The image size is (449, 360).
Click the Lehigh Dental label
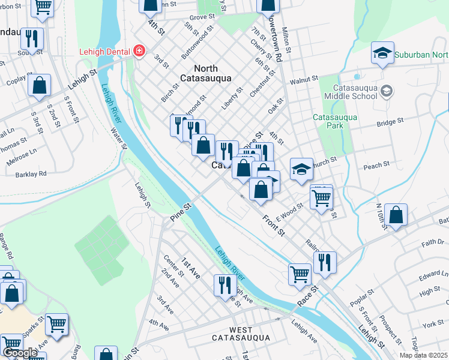[x=105, y=52]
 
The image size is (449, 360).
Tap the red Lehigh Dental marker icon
[x=139, y=51]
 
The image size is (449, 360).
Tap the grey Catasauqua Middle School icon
[x=387, y=91]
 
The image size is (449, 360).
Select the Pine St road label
[x=179, y=214]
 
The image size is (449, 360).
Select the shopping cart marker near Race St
[x=300, y=274]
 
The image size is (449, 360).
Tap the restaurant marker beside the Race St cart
[x=325, y=262]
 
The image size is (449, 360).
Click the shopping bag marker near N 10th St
[x=396, y=215]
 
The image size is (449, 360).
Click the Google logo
[x=20, y=353]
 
